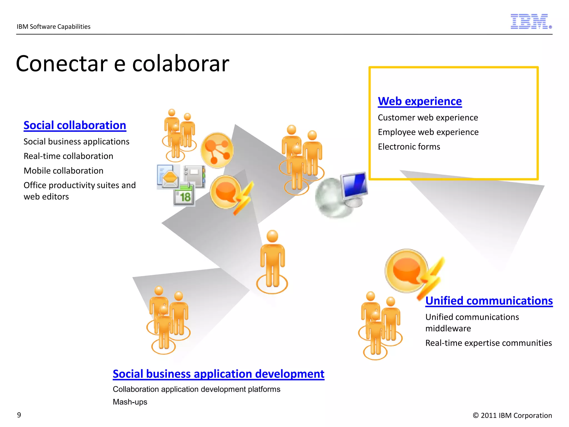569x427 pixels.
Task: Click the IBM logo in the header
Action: [x=530, y=21]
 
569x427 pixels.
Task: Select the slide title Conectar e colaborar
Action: [x=123, y=64]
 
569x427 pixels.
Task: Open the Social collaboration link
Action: [x=75, y=125]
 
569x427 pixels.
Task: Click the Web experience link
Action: [x=420, y=101]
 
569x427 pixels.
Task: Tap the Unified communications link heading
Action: [x=489, y=301]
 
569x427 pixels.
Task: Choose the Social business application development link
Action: [x=218, y=374]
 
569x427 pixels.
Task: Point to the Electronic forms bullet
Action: [x=409, y=147]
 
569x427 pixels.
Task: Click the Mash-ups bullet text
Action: [x=130, y=402]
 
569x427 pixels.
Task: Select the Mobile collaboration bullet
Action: [x=63, y=171]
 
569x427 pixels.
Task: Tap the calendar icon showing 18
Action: [x=184, y=196]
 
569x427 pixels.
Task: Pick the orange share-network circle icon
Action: [x=217, y=150]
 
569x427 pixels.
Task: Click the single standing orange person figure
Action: [x=272, y=261]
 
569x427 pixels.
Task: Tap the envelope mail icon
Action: [x=169, y=177]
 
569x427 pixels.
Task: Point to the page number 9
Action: [x=19, y=415]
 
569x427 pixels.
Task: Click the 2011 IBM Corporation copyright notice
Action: [x=512, y=415]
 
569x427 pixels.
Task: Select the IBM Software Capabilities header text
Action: [x=53, y=27]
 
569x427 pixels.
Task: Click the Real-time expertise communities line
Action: [x=488, y=343]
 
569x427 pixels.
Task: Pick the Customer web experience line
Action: [x=428, y=118]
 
